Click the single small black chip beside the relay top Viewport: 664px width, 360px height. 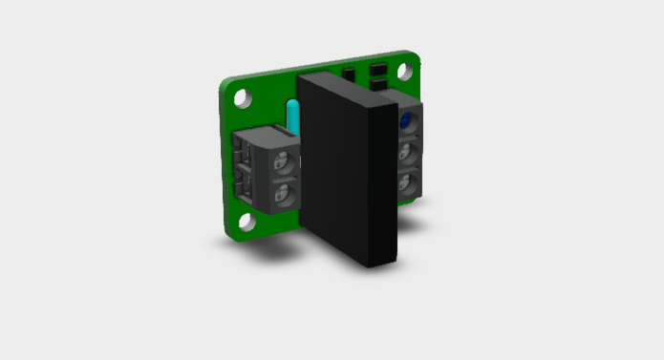point(350,74)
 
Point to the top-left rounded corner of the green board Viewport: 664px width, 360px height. point(226,85)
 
